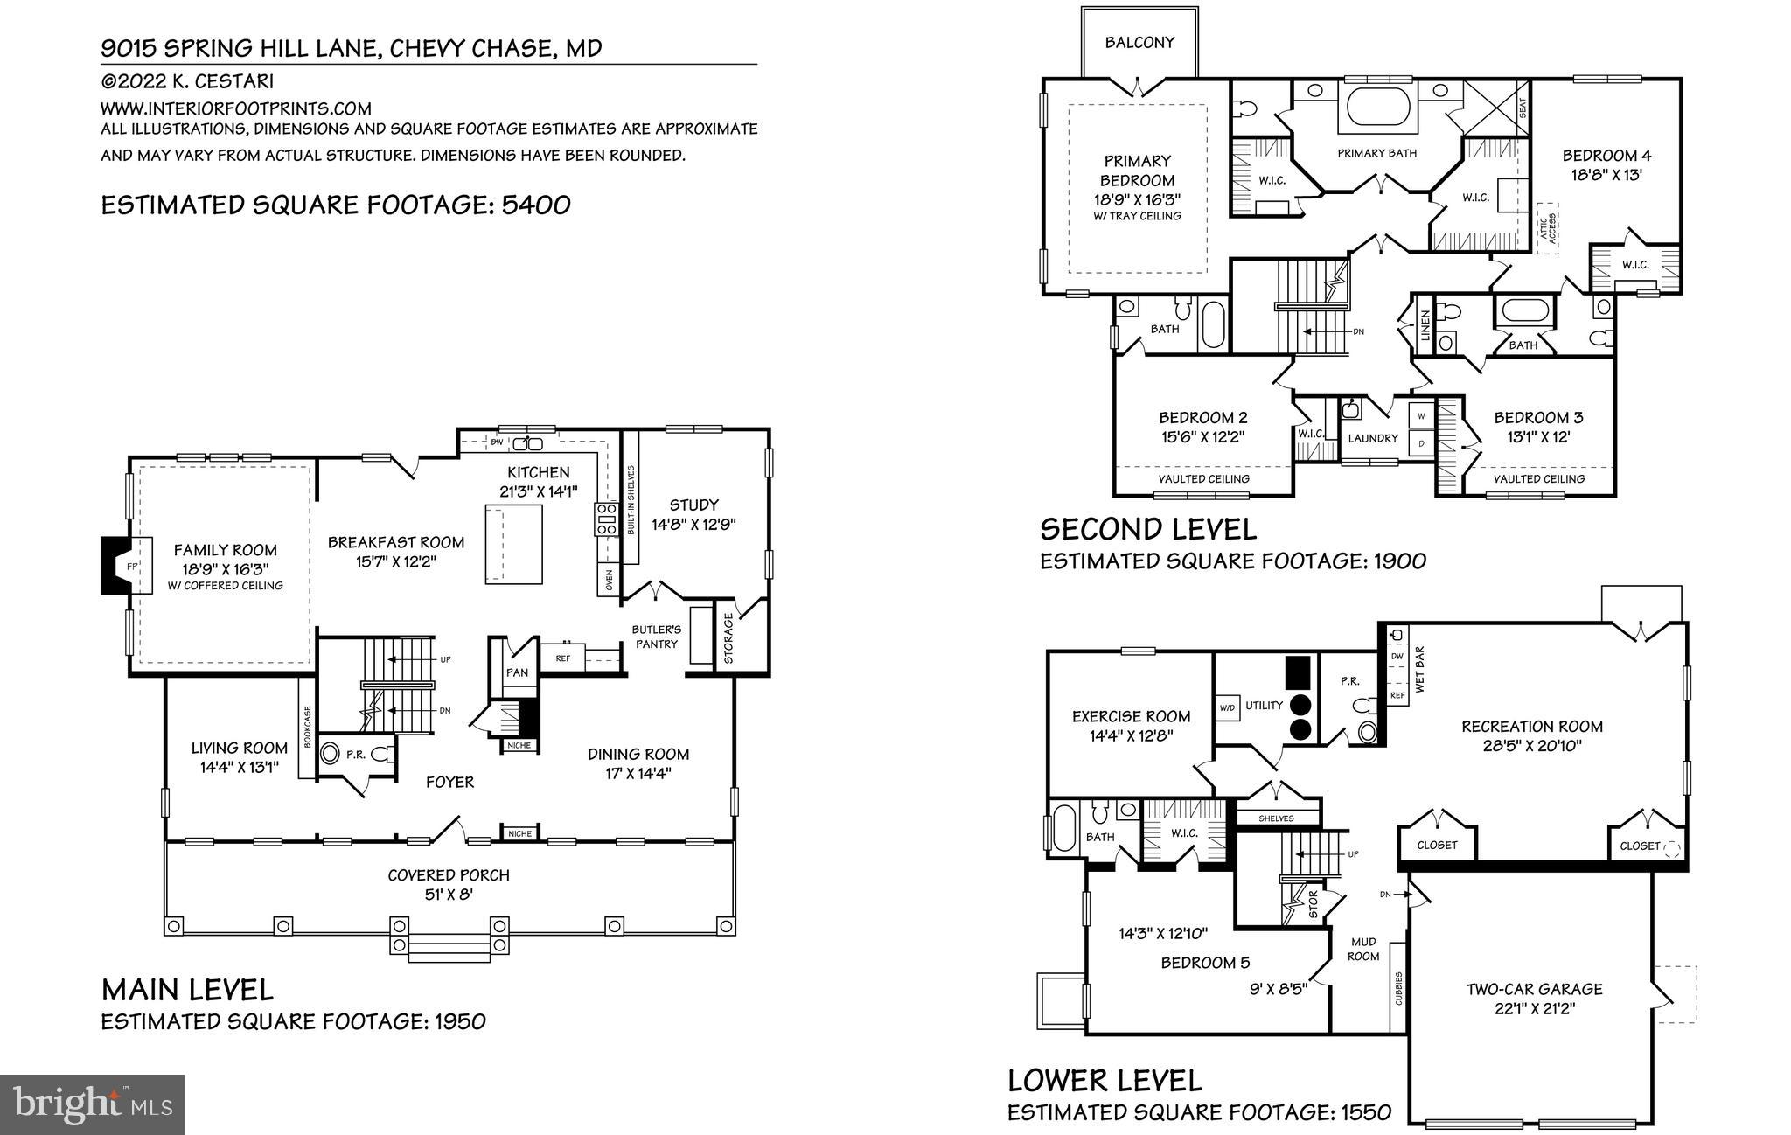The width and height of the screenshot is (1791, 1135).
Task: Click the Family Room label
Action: (225, 550)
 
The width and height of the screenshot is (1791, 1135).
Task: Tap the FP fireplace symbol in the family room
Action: (132, 567)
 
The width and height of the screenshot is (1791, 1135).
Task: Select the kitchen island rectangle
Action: (514, 543)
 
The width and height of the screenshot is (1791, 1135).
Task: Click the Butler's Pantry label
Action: (656, 637)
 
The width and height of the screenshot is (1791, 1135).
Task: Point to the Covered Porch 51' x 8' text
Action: (449, 884)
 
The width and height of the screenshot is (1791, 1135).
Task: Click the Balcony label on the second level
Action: (1139, 42)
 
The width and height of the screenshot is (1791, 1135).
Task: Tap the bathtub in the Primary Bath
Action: (1379, 107)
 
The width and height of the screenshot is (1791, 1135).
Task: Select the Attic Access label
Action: (1548, 229)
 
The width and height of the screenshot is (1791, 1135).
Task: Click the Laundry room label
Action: (1373, 438)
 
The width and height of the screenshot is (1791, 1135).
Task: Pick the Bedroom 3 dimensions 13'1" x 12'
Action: (1538, 436)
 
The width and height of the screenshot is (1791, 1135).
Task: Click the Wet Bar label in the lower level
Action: (1420, 670)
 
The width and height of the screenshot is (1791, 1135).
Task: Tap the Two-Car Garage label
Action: (1535, 989)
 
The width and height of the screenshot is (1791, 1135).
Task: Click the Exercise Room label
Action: (1131, 716)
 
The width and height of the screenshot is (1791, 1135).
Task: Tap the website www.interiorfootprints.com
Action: (236, 108)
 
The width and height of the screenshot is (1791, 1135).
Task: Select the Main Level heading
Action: (187, 990)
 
